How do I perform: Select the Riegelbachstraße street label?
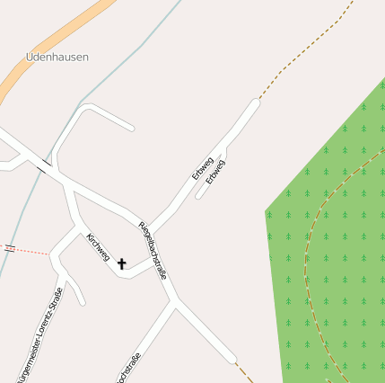click(x=152, y=249)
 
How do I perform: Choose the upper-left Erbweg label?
click(x=202, y=168)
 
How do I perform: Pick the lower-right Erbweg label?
click(x=215, y=172)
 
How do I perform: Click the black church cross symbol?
click(x=122, y=263)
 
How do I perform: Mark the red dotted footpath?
click(x=31, y=251)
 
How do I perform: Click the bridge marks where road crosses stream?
click(x=43, y=165)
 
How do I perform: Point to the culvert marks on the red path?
click(x=9, y=247)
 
